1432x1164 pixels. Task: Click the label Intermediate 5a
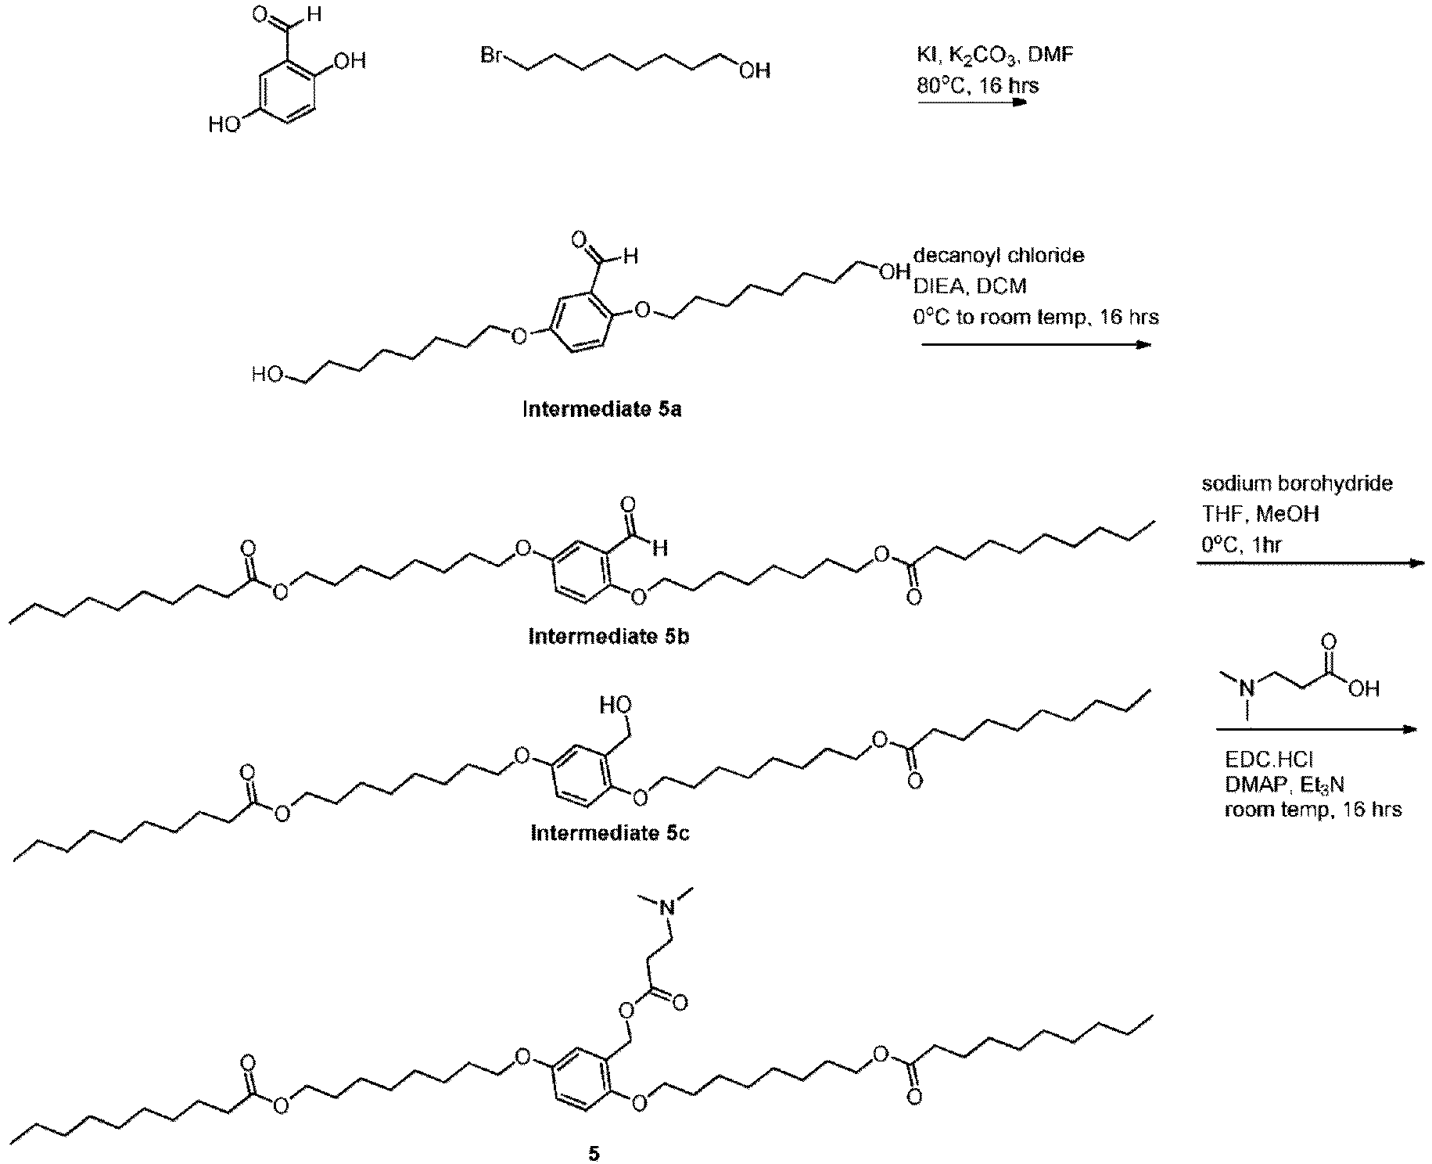click(x=601, y=409)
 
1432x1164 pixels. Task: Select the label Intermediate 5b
click(x=608, y=636)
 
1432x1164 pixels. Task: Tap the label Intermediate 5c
click(x=610, y=833)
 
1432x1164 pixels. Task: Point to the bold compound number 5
click(x=594, y=1155)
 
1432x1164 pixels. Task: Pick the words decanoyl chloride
click(x=999, y=256)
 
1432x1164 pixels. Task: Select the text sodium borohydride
click(x=1297, y=483)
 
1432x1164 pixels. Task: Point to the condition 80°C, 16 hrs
click(x=978, y=84)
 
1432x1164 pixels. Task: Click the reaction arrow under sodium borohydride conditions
click(x=1310, y=562)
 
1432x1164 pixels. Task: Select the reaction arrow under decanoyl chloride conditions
click(x=1036, y=344)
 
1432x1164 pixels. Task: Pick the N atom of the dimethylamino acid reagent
click(x=1248, y=688)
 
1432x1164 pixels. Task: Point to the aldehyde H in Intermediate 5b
click(x=661, y=548)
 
